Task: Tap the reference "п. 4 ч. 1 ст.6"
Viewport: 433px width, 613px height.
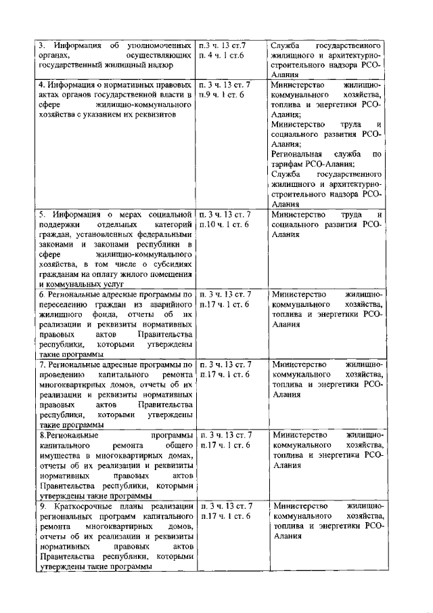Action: pos(221,55)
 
